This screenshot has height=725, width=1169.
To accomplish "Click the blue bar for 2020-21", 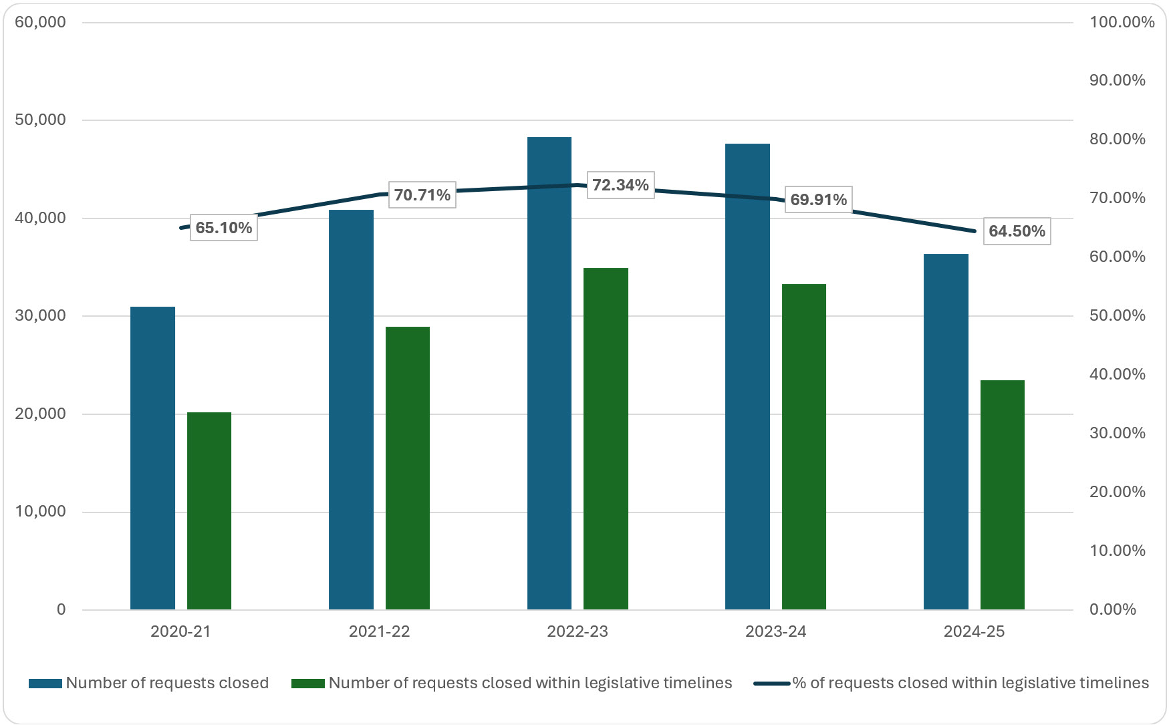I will pos(152,458).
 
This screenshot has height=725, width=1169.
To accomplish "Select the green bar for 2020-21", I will pos(209,511).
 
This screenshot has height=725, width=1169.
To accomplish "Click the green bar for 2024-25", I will pos(1002,494).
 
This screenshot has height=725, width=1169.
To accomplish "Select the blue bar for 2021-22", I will pos(351,409).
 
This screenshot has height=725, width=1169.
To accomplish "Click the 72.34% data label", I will pos(620,185).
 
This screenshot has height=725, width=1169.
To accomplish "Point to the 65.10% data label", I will pos(224,228).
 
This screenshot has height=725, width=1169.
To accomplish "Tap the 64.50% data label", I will pos(1017,231).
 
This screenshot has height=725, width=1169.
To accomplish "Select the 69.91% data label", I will pos(818,200).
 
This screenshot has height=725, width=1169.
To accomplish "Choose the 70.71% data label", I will pos(422,195).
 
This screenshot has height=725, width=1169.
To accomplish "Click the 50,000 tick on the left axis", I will pos(41,120).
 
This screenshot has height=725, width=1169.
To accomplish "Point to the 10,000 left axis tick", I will pos(41,512).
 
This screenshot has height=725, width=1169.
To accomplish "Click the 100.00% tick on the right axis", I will pos(1122,22).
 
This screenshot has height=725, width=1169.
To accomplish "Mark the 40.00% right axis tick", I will pos(1117,374).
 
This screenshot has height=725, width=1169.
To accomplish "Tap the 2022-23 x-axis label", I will pos(577,631).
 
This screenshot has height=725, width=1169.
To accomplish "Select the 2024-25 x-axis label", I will pos(974,631).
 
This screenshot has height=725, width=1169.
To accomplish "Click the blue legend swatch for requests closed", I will pos(45,684).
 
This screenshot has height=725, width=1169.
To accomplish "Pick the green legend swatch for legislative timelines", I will pos(308,684).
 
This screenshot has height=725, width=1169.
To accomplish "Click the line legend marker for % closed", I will pos(771,684).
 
